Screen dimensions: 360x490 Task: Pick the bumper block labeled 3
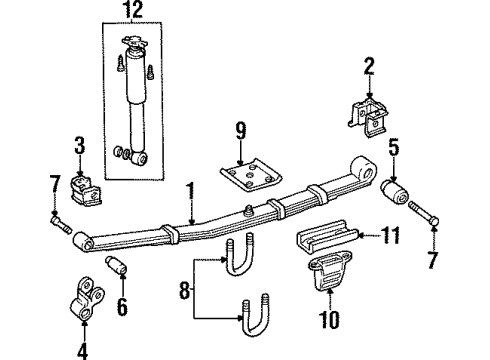click(81, 189)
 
